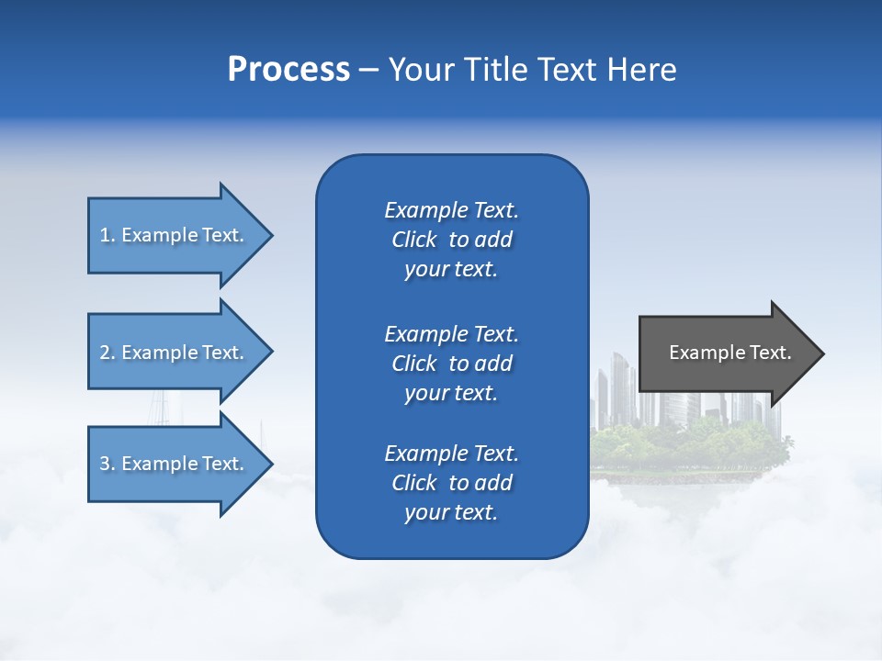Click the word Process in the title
pos(288,70)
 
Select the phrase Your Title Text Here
pos(532,70)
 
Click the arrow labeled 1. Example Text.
pos(175,235)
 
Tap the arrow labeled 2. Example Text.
pos(175,353)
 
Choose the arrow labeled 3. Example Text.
pos(175,464)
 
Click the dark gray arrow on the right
pos(726,353)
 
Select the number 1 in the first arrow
pos(104,235)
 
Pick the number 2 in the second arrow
pos(104,353)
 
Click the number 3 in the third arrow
pos(104,464)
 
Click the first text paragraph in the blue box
pos(451,240)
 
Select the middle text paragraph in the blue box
pos(451,364)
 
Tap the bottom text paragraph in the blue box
pos(451,483)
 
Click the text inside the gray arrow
pos(729,353)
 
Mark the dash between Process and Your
pos(368,71)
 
